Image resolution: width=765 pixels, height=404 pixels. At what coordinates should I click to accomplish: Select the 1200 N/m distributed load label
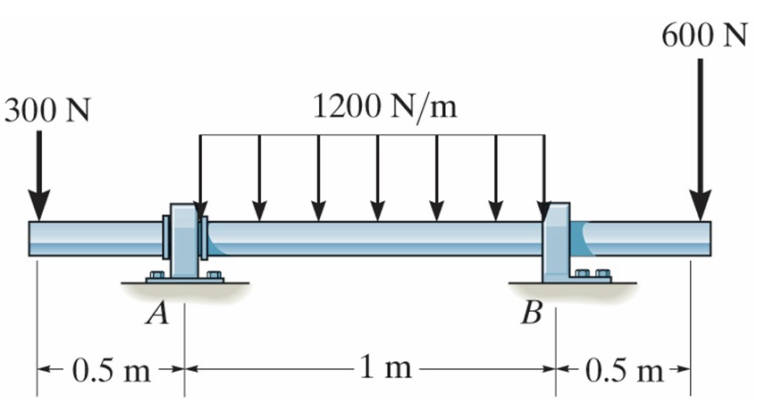tap(385, 107)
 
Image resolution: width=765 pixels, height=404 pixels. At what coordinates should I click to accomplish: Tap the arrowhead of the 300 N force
tap(38, 207)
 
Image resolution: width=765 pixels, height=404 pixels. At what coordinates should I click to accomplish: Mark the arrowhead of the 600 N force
tap(702, 207)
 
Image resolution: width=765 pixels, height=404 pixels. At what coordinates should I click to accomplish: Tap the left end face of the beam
tap(31, 239)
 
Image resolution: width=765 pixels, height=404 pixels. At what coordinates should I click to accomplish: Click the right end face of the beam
tap(710, 239)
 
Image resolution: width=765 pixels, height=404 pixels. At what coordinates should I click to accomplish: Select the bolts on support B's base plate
tap(593, 273)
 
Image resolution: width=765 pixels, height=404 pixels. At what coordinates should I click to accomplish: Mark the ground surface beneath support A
tap(185, 288)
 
